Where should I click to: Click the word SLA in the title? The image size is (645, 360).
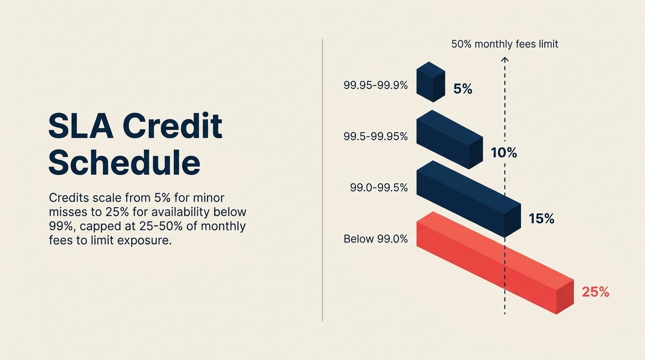coord(81,127)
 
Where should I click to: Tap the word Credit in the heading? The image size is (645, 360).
coord(172,127)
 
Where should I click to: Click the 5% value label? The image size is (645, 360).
coord(463,89)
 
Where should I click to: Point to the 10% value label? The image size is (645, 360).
coord(503,152)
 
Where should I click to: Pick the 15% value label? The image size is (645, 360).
coord(541,218)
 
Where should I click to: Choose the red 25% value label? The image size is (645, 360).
coord(595,292)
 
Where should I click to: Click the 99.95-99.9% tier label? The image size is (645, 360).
coord(375,86)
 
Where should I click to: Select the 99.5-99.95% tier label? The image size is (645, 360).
coord(375,136)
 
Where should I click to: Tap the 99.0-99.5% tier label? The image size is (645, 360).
coord(379,187)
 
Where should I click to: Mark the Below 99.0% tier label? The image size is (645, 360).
coord(375,239)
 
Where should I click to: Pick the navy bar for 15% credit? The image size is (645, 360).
coord(469,199)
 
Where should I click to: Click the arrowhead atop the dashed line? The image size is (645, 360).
coord(505,59)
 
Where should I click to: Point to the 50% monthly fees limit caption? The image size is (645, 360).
coord(504,44)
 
